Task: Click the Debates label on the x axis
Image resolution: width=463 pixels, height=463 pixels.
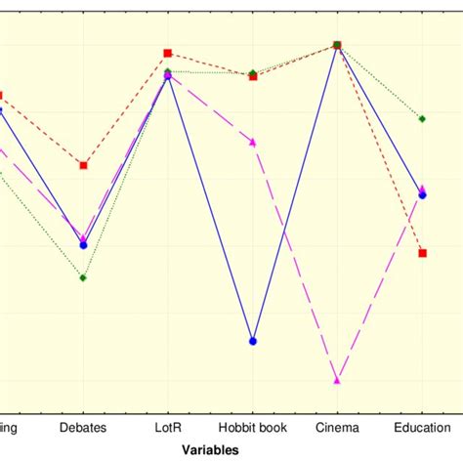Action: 83,428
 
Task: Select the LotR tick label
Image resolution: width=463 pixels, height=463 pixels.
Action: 168,428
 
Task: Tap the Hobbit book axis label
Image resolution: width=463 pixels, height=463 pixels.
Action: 253,428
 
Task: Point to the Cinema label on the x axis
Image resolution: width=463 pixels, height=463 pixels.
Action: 337,428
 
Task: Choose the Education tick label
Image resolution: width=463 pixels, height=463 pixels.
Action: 422,428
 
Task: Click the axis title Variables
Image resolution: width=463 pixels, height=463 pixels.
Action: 211,449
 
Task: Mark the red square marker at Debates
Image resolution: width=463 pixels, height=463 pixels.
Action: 83,165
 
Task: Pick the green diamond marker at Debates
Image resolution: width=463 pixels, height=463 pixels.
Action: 83,277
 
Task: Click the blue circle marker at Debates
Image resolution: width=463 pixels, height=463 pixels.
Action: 83,245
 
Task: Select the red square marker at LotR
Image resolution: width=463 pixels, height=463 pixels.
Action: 168,53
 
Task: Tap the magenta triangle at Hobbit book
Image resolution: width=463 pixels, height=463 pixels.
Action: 253,143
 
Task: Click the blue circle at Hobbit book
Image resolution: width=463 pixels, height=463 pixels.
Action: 253,341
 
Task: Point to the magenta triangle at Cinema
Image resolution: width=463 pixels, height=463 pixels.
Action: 337,380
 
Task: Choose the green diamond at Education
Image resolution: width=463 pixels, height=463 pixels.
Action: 422,118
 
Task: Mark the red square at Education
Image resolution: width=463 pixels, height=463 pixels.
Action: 422,253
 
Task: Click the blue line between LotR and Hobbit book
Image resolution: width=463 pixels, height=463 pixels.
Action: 210,207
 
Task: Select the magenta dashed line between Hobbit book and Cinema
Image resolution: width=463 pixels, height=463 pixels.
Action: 295,262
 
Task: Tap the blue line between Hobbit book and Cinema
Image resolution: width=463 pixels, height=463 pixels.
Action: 295,193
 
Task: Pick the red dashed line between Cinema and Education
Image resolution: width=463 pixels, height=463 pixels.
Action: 380,149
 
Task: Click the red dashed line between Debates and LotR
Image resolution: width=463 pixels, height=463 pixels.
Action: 125,109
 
